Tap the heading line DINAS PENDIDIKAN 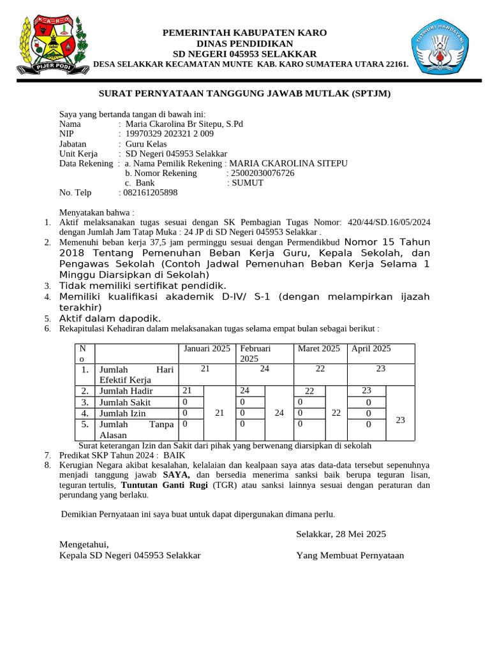(244, 43)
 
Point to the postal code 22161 (393, 64)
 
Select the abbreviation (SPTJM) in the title (370, 94)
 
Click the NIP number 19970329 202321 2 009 (170, 134)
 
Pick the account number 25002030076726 (263, 173)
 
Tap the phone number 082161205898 (151, 193)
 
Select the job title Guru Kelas (146, 144)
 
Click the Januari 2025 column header (207, 349)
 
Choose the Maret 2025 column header (319, 349)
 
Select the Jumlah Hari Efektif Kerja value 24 (265, 369)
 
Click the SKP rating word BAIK (174, 456)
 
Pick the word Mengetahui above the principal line (84, 544)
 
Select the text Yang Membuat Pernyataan (350, 555)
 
